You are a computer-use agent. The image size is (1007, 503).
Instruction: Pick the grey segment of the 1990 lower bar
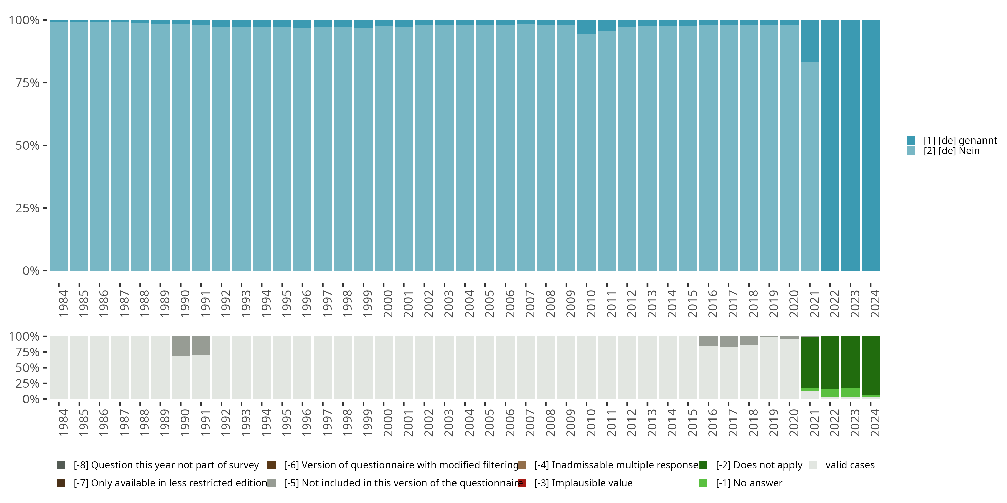pos(181,346)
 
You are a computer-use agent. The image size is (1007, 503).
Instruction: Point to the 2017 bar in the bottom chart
pos(729,371)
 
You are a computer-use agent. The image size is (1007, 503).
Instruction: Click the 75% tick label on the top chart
pos(28,83)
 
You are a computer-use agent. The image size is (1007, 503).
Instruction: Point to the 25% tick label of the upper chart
pos(28,208)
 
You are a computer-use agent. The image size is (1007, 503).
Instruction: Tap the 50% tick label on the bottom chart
pos(28,368)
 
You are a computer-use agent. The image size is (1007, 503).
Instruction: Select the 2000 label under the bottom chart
pos(388,423)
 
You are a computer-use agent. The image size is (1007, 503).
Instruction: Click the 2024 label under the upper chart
pos(875,303)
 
